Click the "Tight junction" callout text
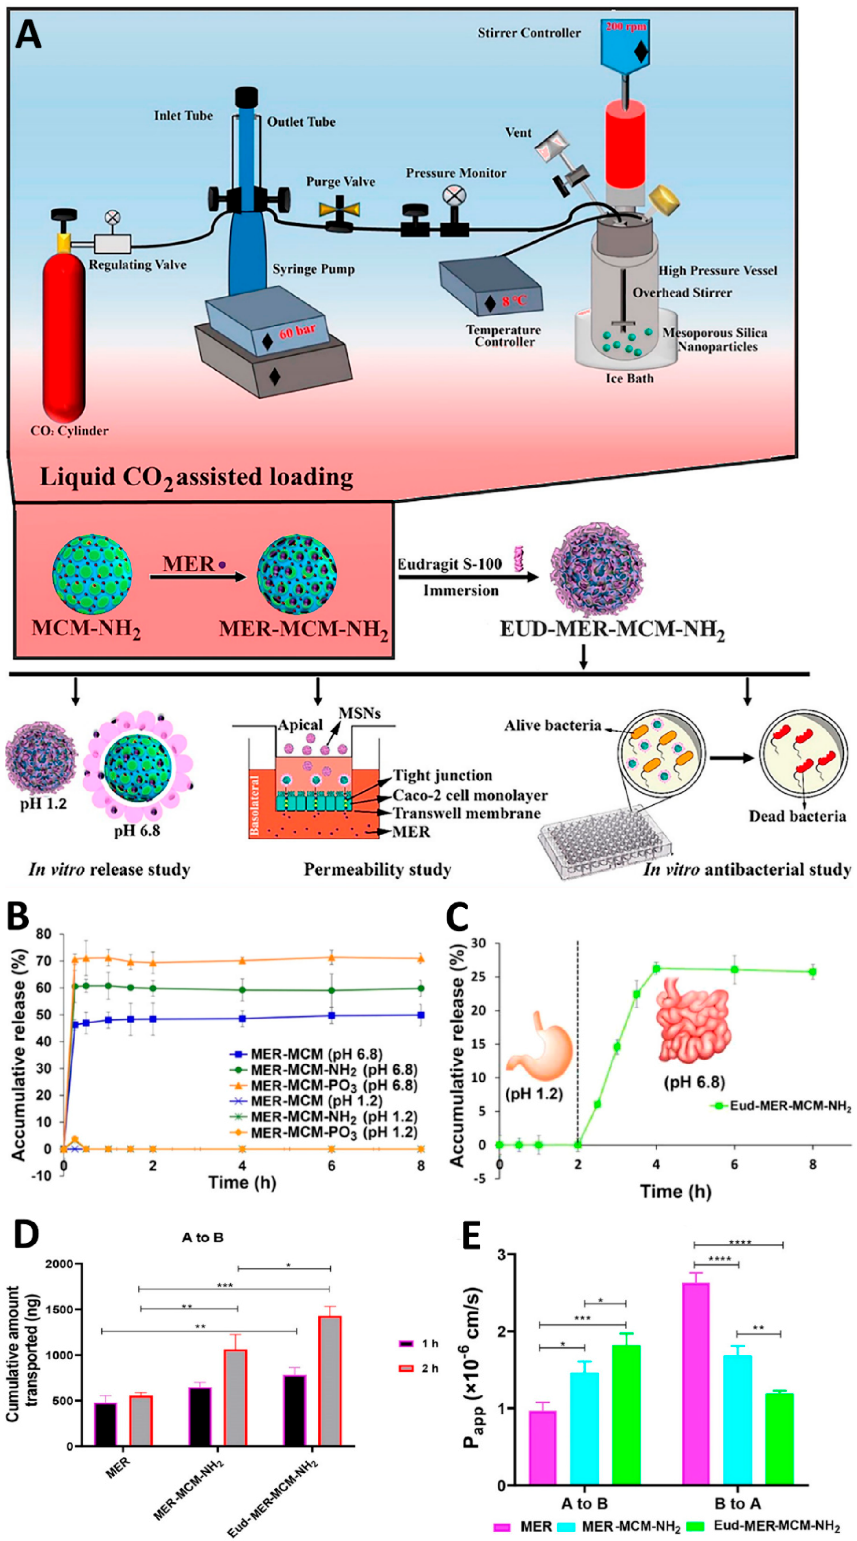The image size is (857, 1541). (x=443, y=775)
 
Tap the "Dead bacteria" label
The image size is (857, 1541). (x=797, y=817)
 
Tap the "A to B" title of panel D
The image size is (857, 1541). (x=203, y=1237)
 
